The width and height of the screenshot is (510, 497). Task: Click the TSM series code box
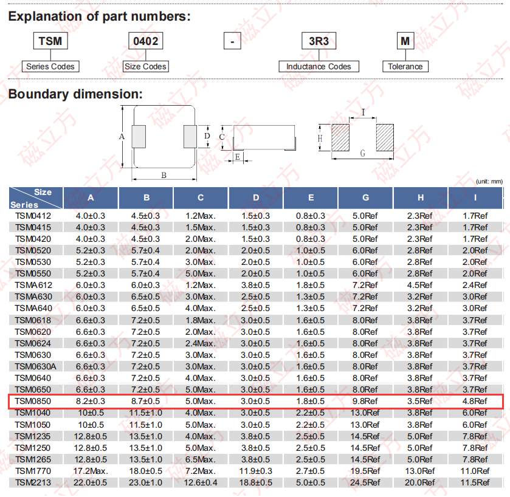pos(49,41)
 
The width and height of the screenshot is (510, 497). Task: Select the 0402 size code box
pos(145,41)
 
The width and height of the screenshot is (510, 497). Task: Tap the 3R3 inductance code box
pos(319,41)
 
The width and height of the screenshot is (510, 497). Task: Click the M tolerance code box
pos(405,41)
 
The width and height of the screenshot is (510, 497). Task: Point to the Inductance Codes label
pos(319,66)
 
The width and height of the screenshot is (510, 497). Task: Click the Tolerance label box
pos(405,66)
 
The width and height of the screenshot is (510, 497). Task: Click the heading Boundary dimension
pos(75,94)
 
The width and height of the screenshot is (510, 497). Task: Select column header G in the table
pos(365,197)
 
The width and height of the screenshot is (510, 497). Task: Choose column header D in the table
pos(256,197)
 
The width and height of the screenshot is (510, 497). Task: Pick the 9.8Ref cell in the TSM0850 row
pos(365,401)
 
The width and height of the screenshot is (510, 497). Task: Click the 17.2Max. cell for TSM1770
pos(91,471)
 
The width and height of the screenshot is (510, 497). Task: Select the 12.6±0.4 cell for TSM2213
pos(201,482)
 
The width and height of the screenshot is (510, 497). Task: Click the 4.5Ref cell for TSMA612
pos(420,285)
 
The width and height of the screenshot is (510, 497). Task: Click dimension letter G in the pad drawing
pos(362,154)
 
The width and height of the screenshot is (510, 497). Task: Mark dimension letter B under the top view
pos(164,175)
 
